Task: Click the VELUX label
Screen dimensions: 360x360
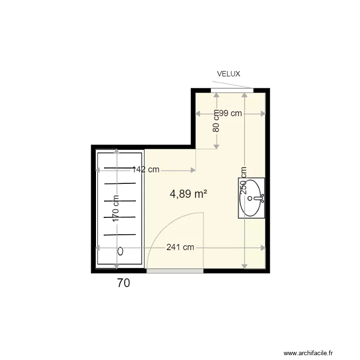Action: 228,74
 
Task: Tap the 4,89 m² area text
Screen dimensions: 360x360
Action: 189,194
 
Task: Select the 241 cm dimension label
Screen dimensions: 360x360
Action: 180,247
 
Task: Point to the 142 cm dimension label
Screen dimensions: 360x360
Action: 146,169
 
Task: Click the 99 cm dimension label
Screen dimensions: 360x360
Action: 230,113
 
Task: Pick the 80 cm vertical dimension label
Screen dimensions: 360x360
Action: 216,121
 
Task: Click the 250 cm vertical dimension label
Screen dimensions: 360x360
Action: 244,180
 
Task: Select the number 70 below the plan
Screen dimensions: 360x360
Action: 123,283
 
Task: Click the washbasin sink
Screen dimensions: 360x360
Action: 251,198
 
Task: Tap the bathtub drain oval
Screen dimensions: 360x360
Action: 120,251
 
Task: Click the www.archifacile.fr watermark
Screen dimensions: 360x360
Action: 315,353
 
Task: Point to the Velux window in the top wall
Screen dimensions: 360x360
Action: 232,91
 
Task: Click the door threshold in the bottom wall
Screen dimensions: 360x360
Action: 175,271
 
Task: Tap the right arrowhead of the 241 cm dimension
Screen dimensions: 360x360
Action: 263,248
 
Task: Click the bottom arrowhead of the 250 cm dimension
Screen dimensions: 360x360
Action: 244,265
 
